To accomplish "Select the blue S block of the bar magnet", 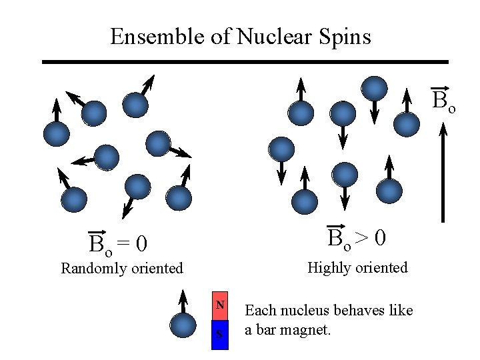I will pos(220,335).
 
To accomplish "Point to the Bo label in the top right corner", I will pos(443,100).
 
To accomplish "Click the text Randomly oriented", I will pos(122,269).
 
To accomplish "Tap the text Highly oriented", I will pos(357,268).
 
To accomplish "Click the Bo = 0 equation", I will pos(118,245).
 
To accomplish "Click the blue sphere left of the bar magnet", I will pos(182,326).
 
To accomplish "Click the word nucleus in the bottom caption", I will pos(307,311).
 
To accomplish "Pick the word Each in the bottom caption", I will pos(259,311).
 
